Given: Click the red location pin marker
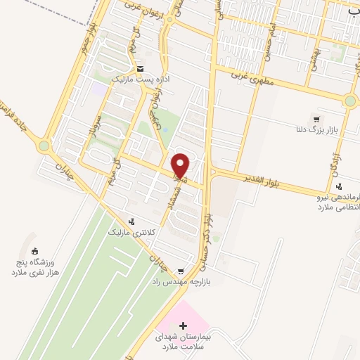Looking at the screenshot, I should click(181, 165).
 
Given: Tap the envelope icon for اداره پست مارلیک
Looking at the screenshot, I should click(141, 69).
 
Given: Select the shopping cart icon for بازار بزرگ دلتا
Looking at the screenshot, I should click(316, 119).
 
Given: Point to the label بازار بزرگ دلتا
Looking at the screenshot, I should click(316, 130).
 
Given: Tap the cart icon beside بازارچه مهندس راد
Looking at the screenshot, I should click(181, 271).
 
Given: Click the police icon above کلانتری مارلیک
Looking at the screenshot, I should click(130, 220).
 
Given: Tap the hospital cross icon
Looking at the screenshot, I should click(184, 326).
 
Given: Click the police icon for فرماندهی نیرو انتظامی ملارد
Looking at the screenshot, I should click(340, 186).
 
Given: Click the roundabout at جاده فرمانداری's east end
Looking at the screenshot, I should click(45, 147).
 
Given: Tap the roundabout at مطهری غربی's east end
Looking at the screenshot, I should click(349, 101).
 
